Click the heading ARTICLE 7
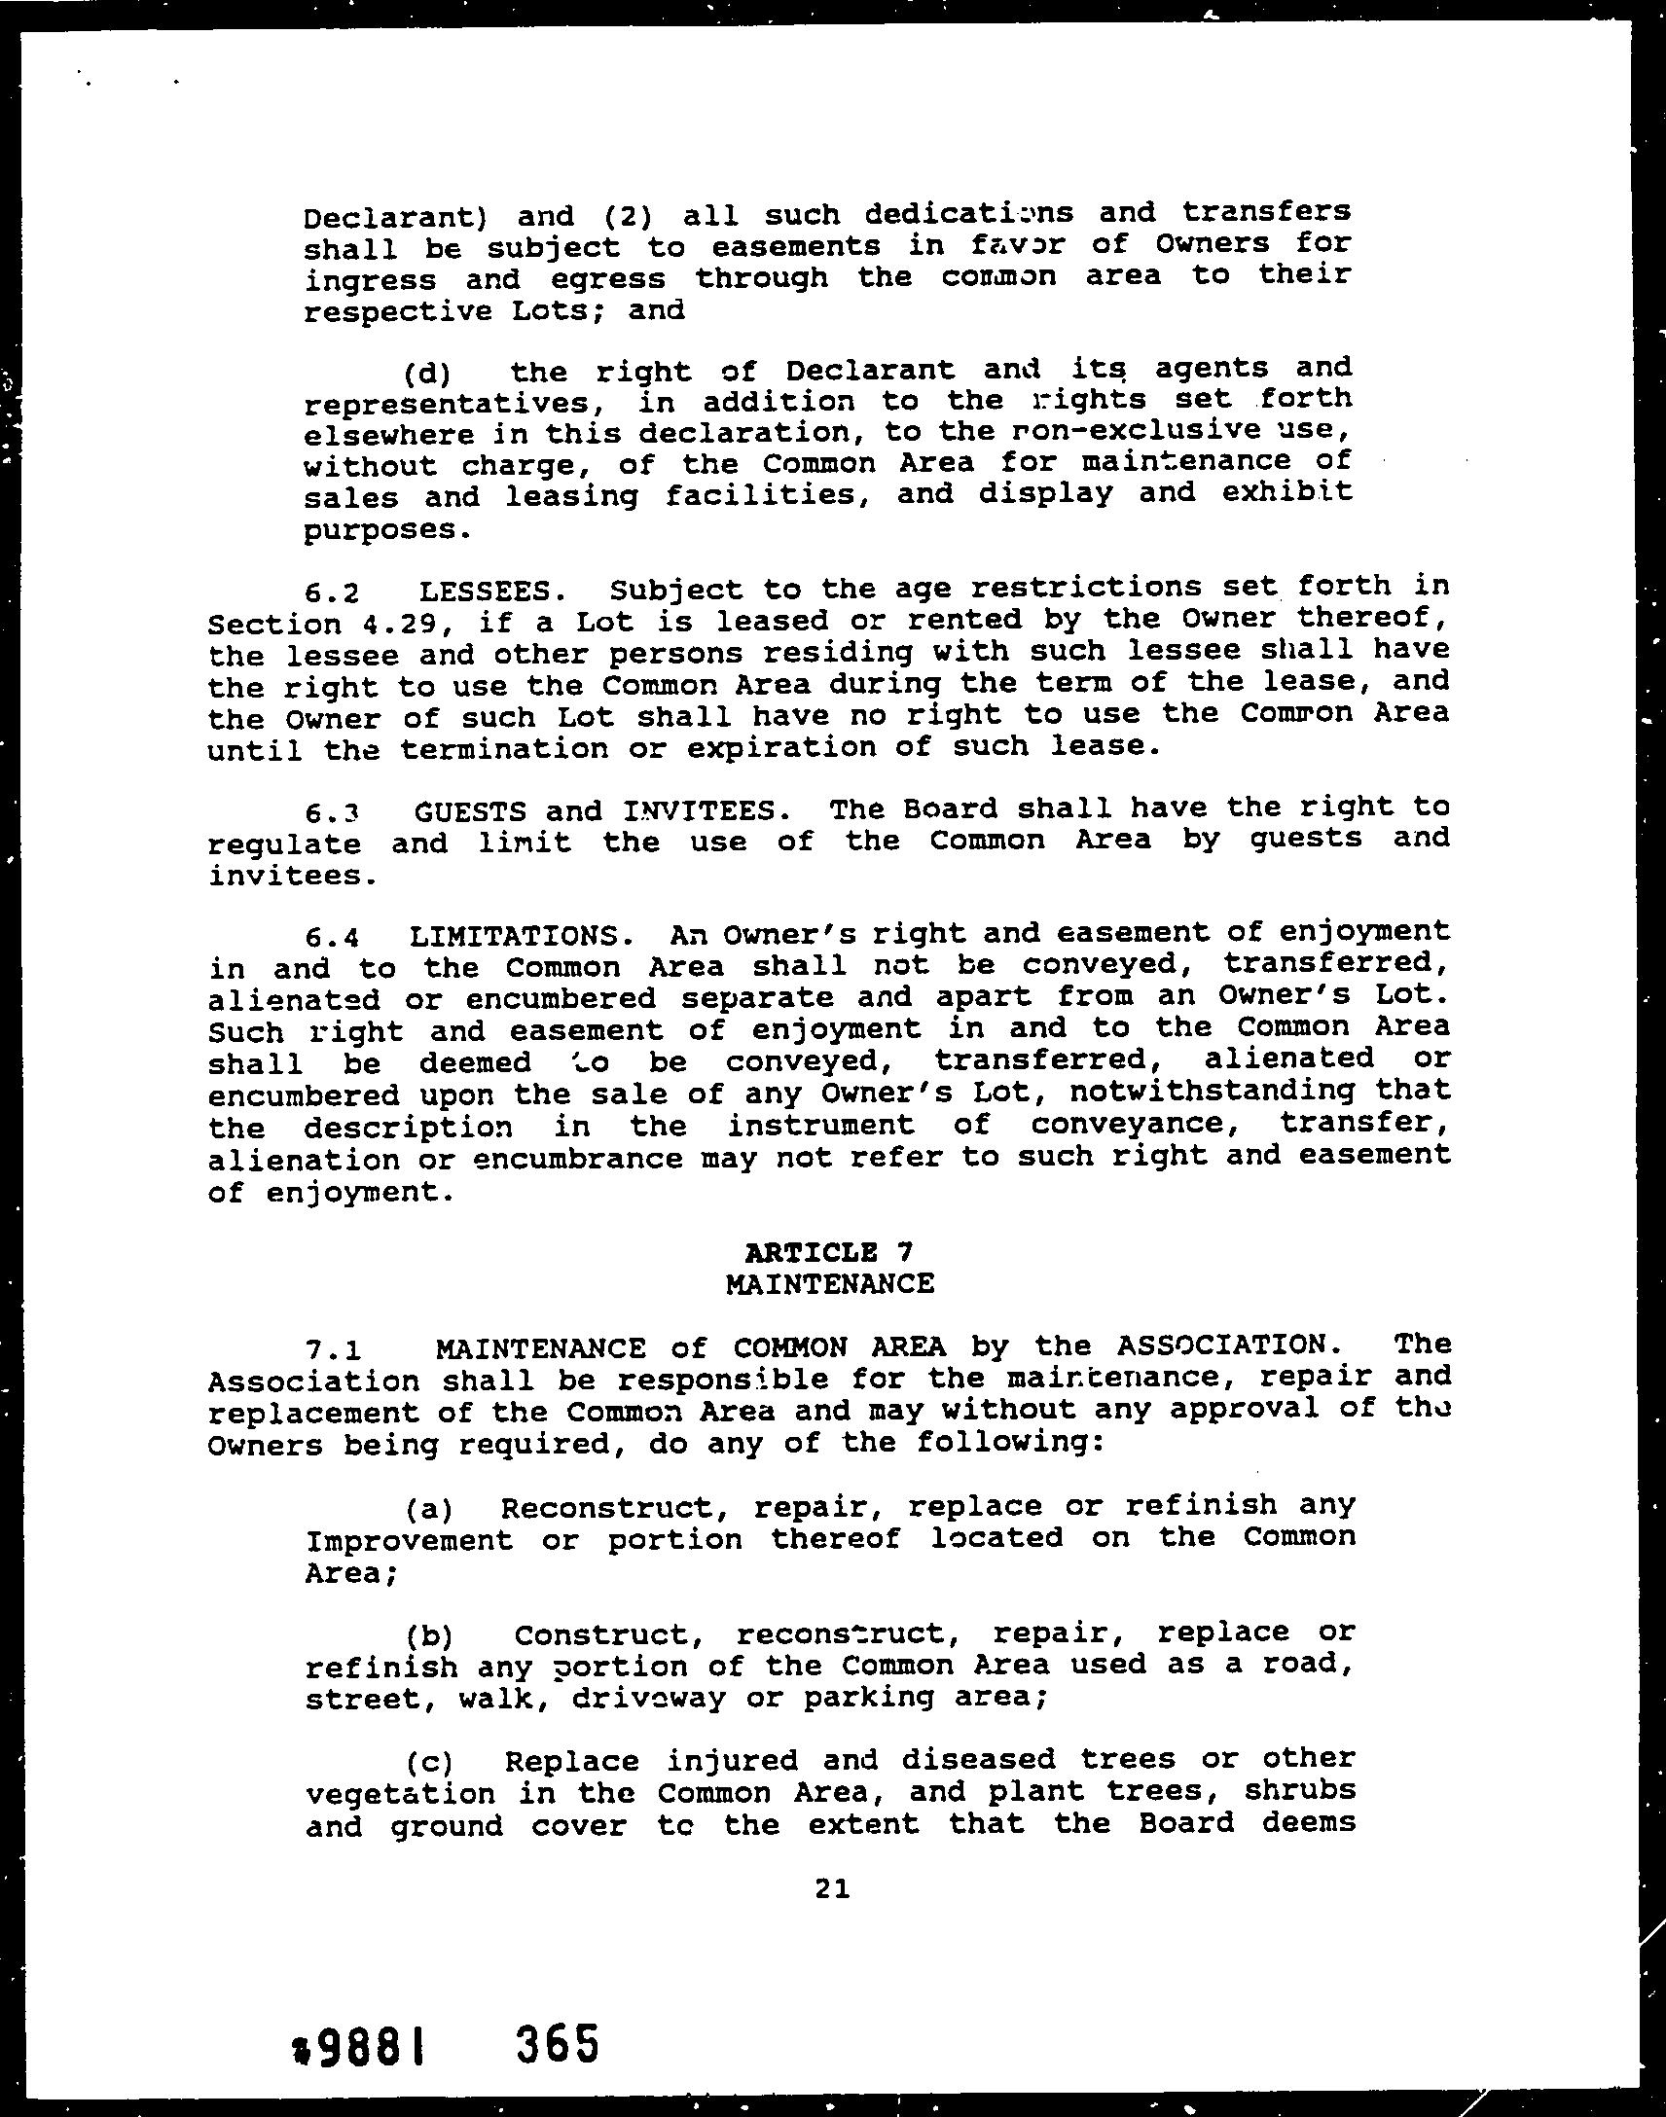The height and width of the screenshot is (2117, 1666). (828, 1251)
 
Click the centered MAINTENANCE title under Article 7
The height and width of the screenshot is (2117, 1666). (830, 1283)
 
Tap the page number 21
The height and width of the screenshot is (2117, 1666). (831, 1888)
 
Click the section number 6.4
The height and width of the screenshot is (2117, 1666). (333, 938)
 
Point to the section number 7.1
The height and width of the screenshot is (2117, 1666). (334, 1350)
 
